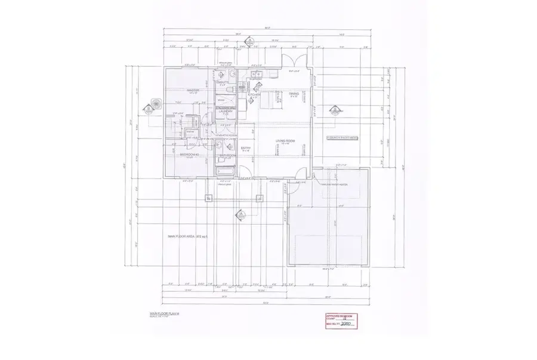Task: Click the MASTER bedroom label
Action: point(192,90)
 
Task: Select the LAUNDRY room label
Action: point(225,111)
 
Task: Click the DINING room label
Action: point(294,94)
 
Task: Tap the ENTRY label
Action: point(246,147)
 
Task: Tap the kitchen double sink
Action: point(257,75)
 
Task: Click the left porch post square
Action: point(208,198)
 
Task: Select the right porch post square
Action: point(260,198)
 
